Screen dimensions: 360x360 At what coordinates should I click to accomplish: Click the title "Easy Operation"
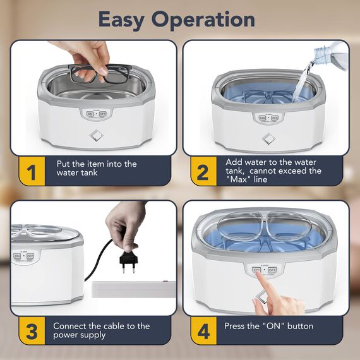coord(176,19)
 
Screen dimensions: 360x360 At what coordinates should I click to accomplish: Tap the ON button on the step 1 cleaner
coord(89,114)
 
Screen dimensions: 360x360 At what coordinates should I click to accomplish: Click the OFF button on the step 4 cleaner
coord(272,270)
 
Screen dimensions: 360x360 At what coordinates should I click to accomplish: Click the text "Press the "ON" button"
coord(268,326)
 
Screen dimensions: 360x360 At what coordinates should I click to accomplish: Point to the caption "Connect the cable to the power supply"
coord(101,330)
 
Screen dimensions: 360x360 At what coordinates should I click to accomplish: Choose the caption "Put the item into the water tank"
coord(96,168)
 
